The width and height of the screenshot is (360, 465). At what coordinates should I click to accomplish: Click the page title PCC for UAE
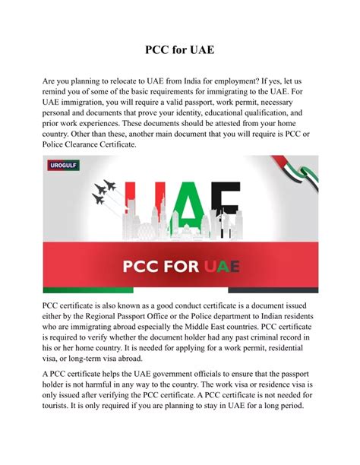[x=180, y=50]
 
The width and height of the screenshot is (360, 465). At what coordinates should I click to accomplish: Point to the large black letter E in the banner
[x=230, y=207]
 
